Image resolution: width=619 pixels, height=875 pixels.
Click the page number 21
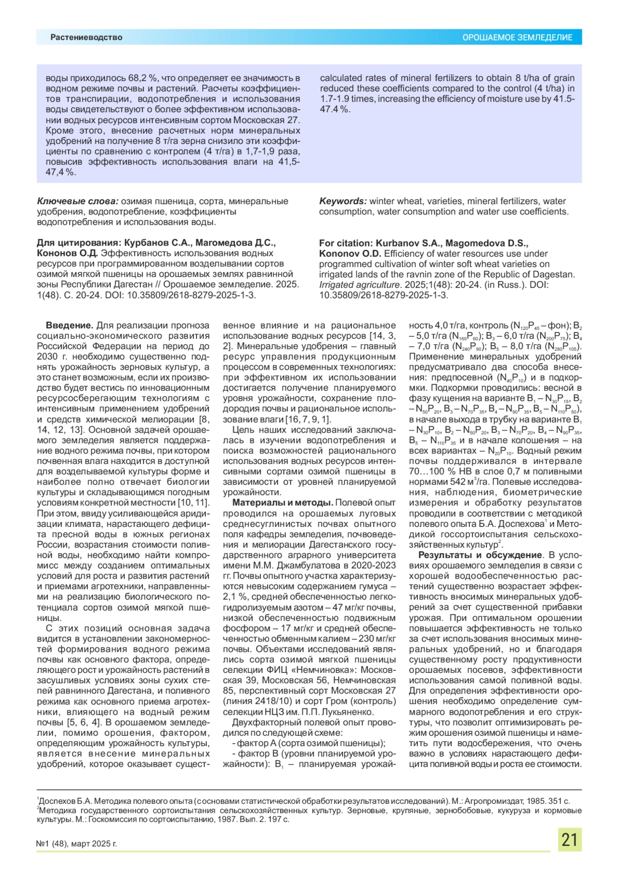(x=569, y=840)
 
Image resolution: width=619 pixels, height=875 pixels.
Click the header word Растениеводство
(x=86, y=37)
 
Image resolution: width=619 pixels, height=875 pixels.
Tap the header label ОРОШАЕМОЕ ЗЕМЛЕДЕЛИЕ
(x=517, y=38)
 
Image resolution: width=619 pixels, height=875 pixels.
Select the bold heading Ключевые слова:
(x=77, y=201)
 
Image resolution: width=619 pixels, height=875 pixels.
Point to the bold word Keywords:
(x=343, y=201)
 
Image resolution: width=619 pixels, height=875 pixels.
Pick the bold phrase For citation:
(x=346, y=243)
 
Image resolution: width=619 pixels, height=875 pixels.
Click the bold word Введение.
(x=69, y=325)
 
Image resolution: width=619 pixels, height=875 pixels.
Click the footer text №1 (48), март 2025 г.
(x=77, y=844)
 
